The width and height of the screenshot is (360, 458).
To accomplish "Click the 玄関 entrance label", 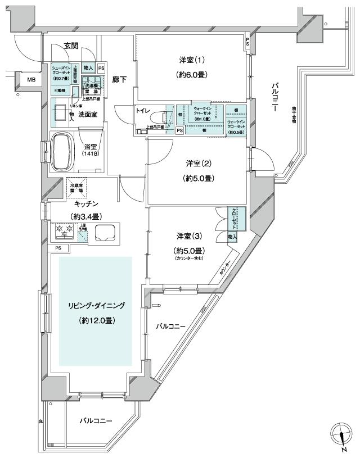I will coord(71,46).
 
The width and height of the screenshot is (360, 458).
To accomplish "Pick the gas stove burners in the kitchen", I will coord(63,230).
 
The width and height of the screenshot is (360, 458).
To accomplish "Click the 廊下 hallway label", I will coord(119,80).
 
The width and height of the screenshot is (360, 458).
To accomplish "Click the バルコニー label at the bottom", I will coord(95,420).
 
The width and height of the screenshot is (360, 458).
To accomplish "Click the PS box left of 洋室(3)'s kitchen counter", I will coord(58,248).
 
